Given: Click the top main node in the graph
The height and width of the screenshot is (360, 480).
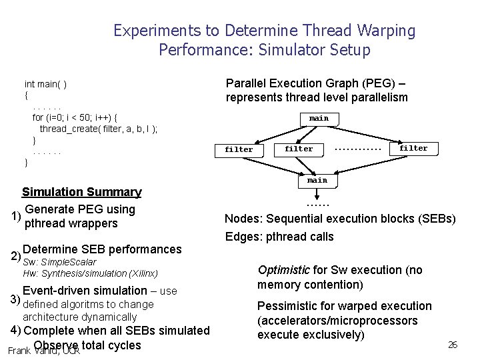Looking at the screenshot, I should pos(319,119).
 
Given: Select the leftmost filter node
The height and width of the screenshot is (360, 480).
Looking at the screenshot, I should pos(239,149).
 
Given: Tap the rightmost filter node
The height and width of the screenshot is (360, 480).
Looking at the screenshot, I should pos(413,148).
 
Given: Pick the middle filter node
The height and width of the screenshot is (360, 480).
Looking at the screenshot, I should pos(299,149).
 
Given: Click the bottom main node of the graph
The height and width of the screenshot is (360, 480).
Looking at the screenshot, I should pos(317,181).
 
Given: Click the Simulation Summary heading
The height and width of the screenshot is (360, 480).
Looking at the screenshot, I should pos(82,193).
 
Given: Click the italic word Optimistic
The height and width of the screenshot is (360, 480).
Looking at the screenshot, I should pos(283,270).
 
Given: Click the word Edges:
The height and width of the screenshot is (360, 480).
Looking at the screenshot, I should pos(243,237).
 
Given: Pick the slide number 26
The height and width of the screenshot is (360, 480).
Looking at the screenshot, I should pos(453,345).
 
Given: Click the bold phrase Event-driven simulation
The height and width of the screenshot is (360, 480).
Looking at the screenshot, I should pos(85,290).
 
